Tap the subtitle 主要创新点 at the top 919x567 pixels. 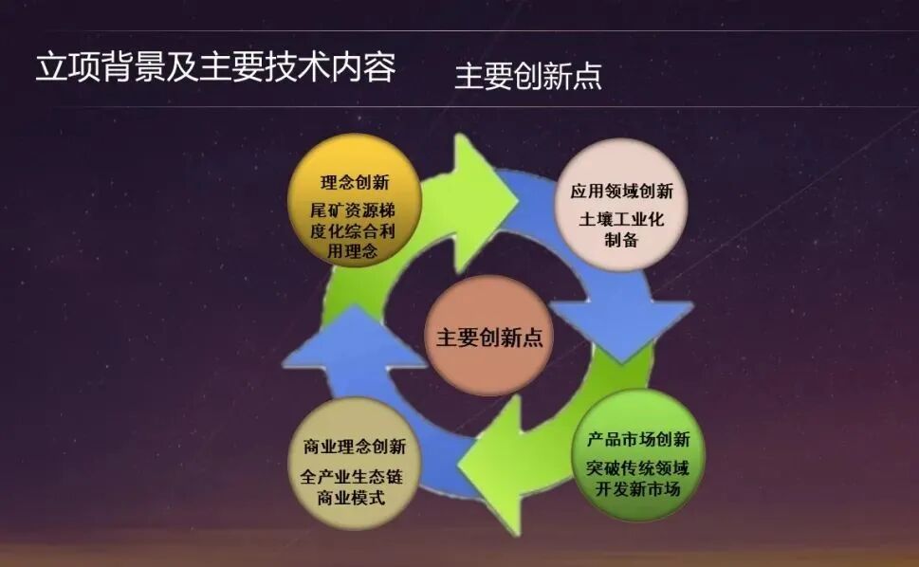[x=527, y=76]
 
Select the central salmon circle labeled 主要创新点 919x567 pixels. [x=488, y=336]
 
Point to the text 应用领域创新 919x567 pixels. [x=621, y=191]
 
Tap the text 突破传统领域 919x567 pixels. [x=637, y=466]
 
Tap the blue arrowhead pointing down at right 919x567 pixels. [x=621, y=327]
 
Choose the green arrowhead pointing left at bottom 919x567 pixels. [x=493, y=465]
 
